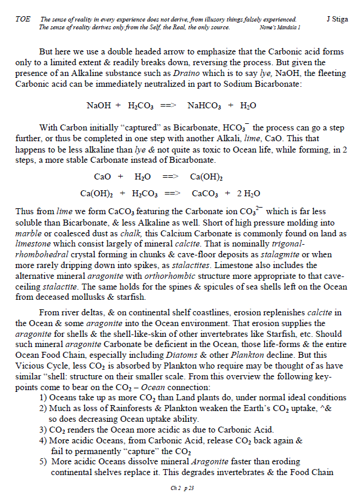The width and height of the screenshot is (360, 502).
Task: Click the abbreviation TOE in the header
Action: (22, 20)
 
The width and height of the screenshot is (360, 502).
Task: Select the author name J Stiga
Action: (339, 20)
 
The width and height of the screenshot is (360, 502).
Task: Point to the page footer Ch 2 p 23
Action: (179, 488)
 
